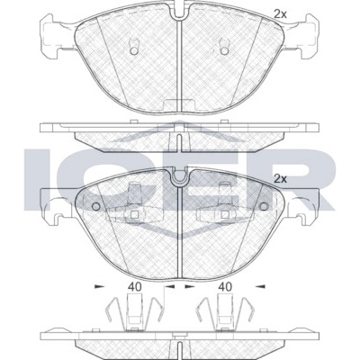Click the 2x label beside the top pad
281,14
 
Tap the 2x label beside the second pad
281,179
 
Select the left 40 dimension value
135,287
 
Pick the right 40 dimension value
225,287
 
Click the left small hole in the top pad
134,50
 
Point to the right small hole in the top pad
224,50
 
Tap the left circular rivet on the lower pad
96,206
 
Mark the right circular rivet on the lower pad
264,206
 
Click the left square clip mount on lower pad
135,214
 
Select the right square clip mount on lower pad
224,214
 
